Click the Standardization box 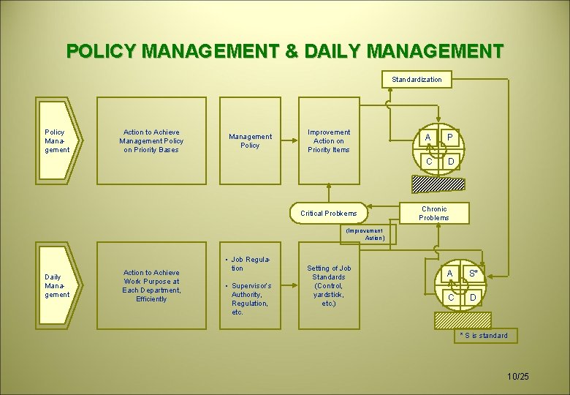click(x=417, y=79)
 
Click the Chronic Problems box click(x=434, y=213)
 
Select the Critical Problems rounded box click(x=329, y=213)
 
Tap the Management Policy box click(x=250, y=140)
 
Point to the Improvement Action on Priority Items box click(x=329, y=140)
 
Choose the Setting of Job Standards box click(x=329, y=285)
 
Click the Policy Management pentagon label click(x=58, y=140)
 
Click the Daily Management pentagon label click(x=58, y=285)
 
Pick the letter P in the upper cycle click(x=450, y=137)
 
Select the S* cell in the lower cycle click(x=473, y=274)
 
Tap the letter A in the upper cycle click(x=427, y=137)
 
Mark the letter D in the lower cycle click(x=473, y=297)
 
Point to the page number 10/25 click(x=518, y=376)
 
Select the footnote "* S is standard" click(x=483, y=336)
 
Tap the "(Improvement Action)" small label click(x=365, y=234)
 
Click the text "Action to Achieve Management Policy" click(x=151, y=140)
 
